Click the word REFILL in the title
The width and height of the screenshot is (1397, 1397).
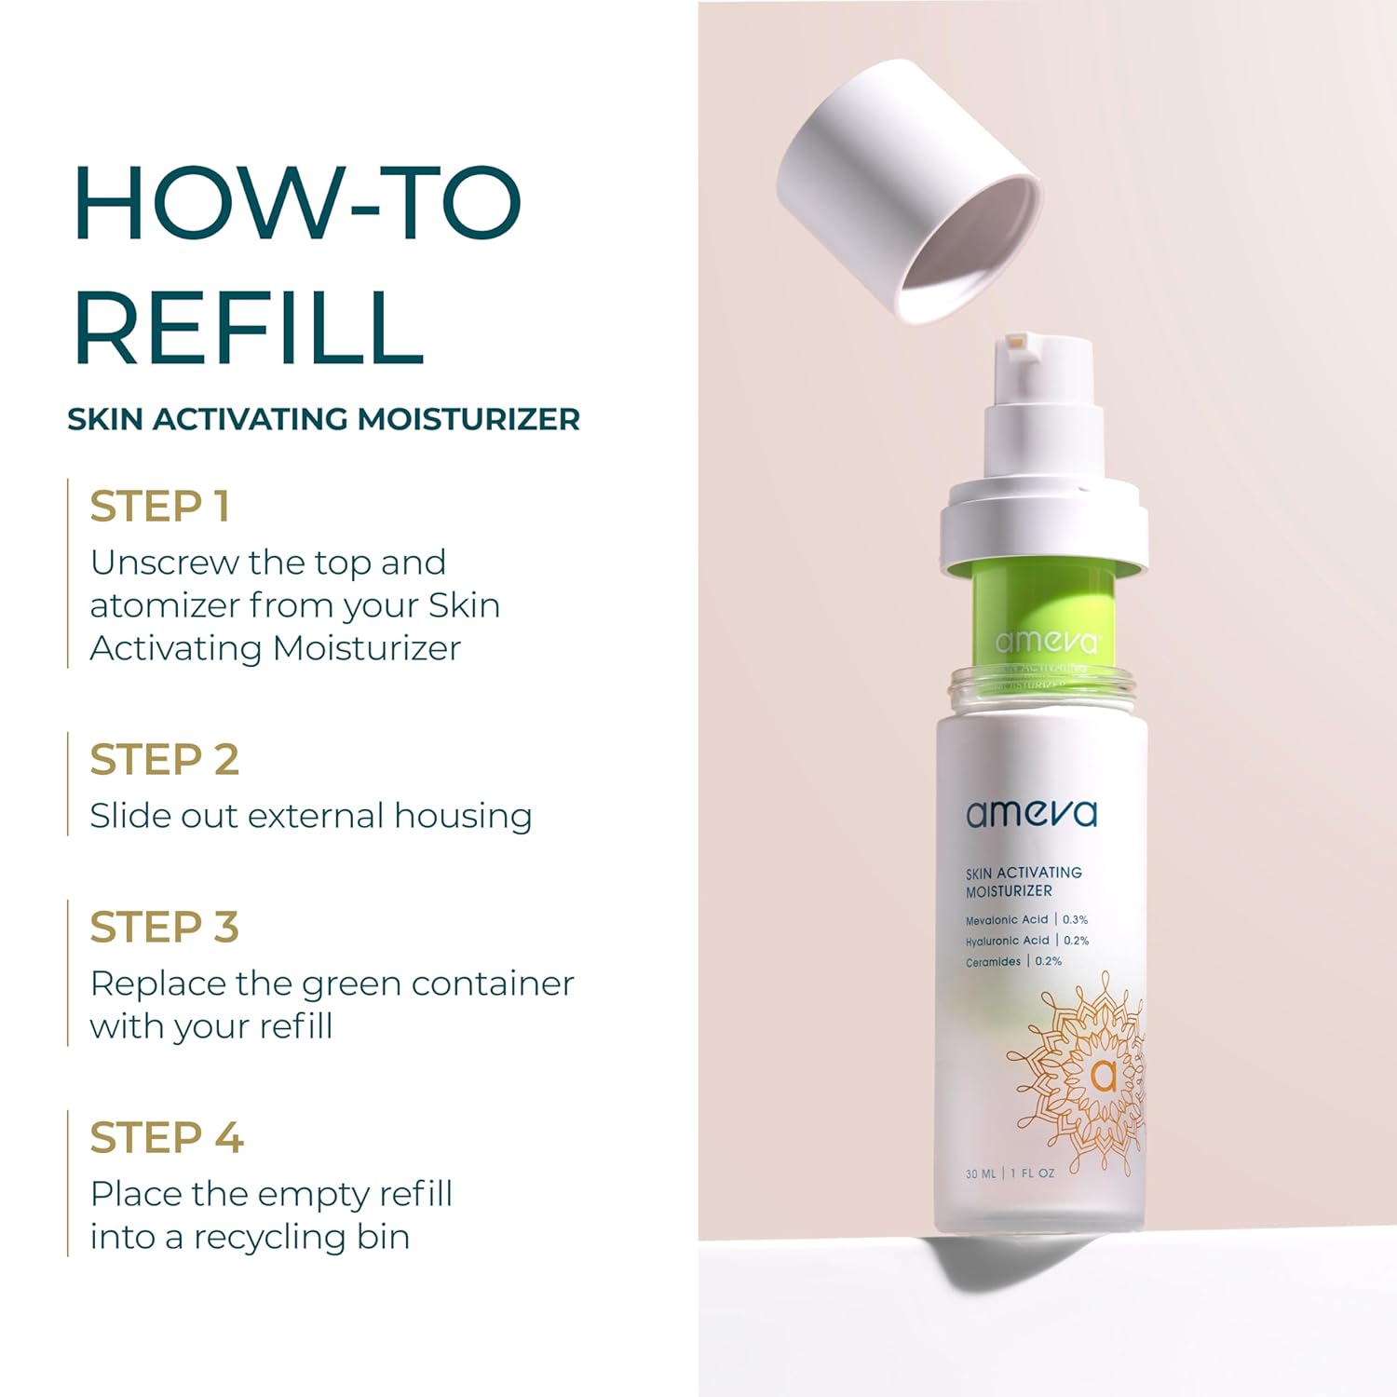pos(249,327)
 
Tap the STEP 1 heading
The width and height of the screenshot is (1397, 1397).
pos(159,507)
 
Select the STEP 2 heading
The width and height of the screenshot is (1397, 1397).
pos(164,760)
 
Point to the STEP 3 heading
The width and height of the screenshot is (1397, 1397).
pos(164,928)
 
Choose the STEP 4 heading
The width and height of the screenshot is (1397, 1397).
pos(166,1138)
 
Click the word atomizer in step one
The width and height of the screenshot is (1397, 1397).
pos(163,606)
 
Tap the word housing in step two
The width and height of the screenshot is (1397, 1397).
pos(463,816)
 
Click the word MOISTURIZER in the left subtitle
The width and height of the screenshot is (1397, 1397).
pos(468,419)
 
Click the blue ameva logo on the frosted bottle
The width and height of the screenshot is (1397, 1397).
pos(1031,813)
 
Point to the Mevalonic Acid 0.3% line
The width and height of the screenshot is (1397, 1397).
pos(1026,919)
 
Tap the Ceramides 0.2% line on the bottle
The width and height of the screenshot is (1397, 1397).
pos(1013,961)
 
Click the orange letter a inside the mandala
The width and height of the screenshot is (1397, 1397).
pos(1103,1076)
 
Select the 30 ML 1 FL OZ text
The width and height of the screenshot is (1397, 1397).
pos(1010,1173)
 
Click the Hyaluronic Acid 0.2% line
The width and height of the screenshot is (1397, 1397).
pos(1026,941)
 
